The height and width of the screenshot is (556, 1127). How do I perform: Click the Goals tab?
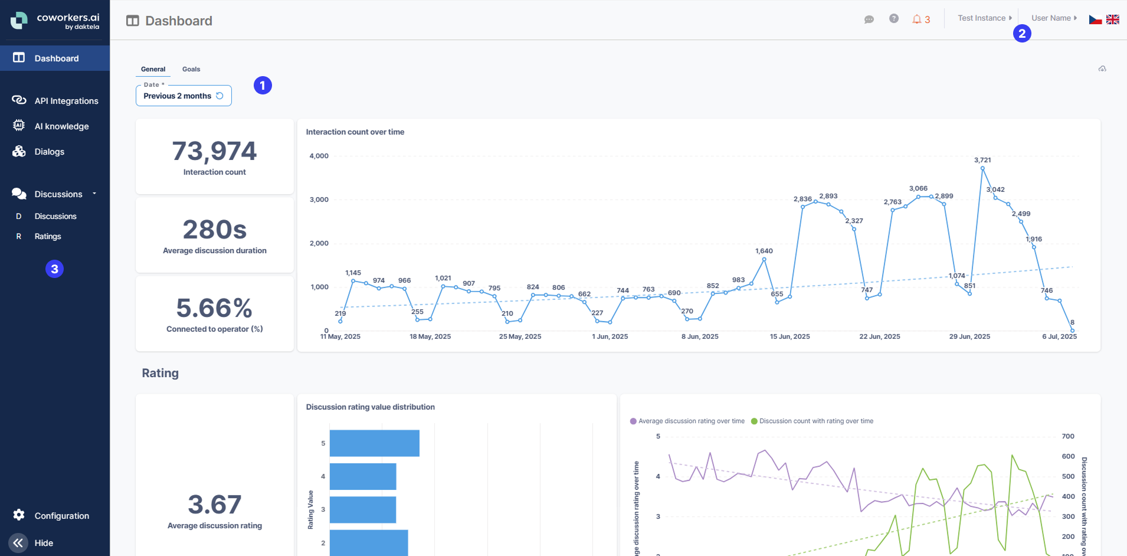191,69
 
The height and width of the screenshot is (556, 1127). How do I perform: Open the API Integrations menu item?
66,101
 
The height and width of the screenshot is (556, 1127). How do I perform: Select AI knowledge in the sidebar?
61,126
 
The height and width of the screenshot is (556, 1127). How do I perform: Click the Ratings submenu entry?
48,236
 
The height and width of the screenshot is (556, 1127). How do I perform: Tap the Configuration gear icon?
19,515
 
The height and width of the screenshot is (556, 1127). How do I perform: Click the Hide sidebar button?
18,542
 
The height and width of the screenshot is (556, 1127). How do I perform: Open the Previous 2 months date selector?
183,96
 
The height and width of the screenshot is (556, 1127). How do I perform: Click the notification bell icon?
916,19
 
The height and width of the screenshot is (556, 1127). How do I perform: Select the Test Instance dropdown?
984,18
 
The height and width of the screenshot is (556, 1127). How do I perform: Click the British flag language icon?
1113,19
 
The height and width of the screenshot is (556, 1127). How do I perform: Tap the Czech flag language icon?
1095,19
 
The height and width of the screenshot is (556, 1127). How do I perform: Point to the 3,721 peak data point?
982,168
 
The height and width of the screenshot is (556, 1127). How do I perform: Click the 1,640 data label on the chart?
764,251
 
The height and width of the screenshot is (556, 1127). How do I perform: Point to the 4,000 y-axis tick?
319,156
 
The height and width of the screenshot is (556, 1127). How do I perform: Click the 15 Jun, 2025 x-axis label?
789,336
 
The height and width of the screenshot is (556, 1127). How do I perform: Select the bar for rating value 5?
374,443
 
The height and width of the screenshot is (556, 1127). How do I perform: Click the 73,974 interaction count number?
214,151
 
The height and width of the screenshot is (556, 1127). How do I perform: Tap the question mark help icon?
893,19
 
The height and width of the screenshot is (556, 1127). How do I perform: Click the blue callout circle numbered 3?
54,269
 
